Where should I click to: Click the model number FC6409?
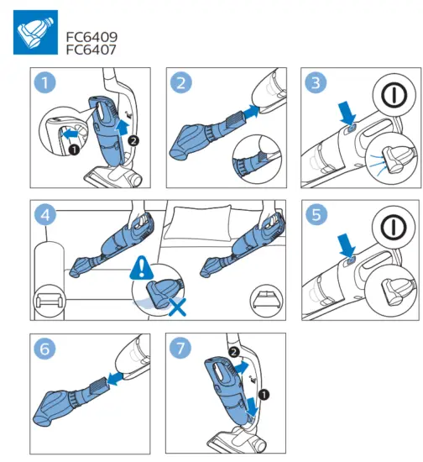click(x=91, y=37)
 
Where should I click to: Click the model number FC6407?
click(x=91, y=50)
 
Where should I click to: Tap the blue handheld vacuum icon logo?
click(x=35, y=33)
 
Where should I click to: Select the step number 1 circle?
click(x=44, y=83)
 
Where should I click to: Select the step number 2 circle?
click(x=181, y=83)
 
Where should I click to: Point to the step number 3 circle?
click(x=316, y=83)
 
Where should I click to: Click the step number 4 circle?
click(x=45, y=215)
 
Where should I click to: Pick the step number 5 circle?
click(x=316, y=214)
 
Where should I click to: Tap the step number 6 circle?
click(x=44, y=349)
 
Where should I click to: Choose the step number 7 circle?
click(x=180, y=348)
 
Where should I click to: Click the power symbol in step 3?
click(x=394, y=95)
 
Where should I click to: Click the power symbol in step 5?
click(x=394, y=227)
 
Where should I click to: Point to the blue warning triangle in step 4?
click(x=142, y=267)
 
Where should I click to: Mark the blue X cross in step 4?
click(x=177, y=307)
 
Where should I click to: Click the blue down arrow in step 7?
click(x=253, y=407)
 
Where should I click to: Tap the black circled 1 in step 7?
click(x=264, y=395)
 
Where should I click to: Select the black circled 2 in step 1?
click(x=133, y=140)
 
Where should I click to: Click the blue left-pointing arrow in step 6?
click(x=114, y=378)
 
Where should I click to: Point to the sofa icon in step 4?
click(x=50, y=301)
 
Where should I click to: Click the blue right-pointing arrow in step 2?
click(x=251, y=112)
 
